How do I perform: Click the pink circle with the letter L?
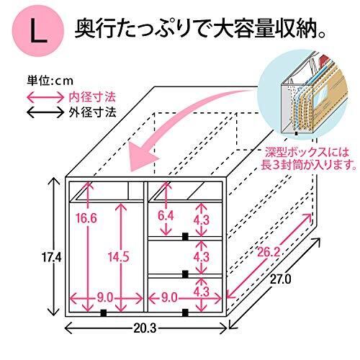click(x=37, y=30)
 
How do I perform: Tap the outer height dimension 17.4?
click(x=52, y=258)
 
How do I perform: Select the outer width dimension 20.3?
click(x=145, y=328)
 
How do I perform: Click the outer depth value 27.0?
click(x=281, y=279)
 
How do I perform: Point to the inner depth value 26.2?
click(x=269, y=252)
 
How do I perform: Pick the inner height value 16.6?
click(x=86, y=218)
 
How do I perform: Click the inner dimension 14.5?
click(x=118, y=257)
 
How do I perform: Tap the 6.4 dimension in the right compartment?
click(x=166, y=216)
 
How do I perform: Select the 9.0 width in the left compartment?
click(x=105, y=298)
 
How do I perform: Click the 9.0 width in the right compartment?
click(x=169, y=298)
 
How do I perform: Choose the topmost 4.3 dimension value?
click(x=202, y=220)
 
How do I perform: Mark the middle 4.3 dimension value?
click(x=202, y=257)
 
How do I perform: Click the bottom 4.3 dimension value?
click(x=202, y=292)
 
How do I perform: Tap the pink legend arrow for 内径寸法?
click(x=45, y=97)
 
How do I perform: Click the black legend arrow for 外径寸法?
click(x=45, y=112)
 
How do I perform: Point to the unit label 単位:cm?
click(x=50, y=81)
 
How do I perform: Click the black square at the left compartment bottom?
click(x=104, y=312)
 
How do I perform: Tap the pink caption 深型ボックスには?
click(x=305, y=153)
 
